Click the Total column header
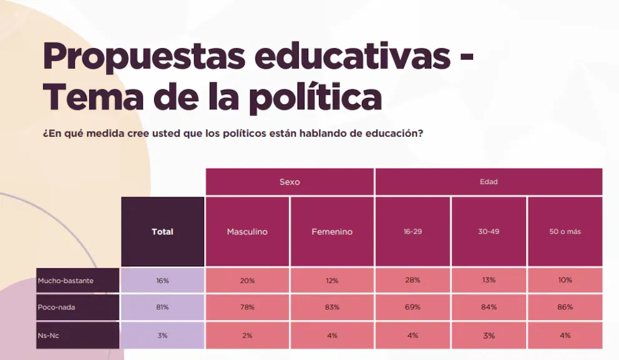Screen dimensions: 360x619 point(162,231)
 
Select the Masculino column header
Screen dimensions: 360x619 point(247,231)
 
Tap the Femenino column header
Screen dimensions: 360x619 point(332,231)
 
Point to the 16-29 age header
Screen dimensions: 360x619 point(412,231)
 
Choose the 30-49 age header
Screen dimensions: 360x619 point(489,231)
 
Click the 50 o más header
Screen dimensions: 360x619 point(565,231)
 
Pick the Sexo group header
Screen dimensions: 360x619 point(290,182)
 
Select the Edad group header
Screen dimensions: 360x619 point(489,182)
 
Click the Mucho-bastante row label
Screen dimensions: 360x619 point(77,281)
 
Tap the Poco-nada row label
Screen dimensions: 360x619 point(77,307)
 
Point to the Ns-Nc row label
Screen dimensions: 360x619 point(77,335)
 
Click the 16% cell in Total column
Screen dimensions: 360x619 point(162,281)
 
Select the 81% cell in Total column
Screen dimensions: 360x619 point(162,307)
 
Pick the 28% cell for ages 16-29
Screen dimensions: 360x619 point(412,280)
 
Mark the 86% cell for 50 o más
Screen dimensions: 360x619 point(565,307)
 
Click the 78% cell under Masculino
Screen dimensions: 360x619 point(247,307)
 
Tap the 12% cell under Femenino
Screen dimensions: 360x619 point(332,281)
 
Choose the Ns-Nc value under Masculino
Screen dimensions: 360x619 point(247,336)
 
